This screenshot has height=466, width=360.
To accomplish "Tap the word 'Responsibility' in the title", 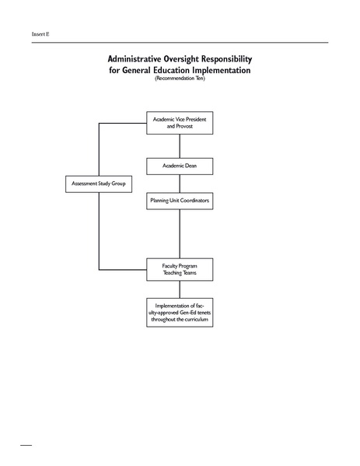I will coord(231,59).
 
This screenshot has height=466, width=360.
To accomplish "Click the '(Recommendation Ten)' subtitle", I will coord(180,79).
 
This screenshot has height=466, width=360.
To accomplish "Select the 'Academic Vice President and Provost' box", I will coord(180,123).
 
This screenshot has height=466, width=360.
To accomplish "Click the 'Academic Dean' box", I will coord(180,166).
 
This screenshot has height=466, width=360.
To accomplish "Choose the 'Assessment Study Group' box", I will coord(98,184).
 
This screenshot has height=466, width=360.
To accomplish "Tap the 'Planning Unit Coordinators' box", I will coord(180,201).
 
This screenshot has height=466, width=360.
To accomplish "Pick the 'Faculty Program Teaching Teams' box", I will coord(180,269).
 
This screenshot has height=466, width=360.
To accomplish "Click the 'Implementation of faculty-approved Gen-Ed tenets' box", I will coord(180,312).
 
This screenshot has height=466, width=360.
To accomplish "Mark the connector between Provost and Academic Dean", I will coord(180,145).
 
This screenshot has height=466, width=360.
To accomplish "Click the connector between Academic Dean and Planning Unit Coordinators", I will coord(180,184).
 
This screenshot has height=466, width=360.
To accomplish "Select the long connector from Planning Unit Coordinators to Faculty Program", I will coord(180,233).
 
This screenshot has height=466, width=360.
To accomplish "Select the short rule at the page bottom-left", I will coord(26,447).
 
